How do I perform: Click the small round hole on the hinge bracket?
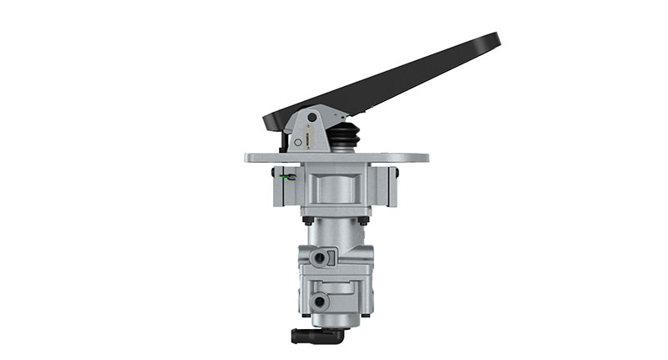tap(297, 144)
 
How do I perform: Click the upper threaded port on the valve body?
tap(318, 259)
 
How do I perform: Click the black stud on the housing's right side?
tap(396, 173)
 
